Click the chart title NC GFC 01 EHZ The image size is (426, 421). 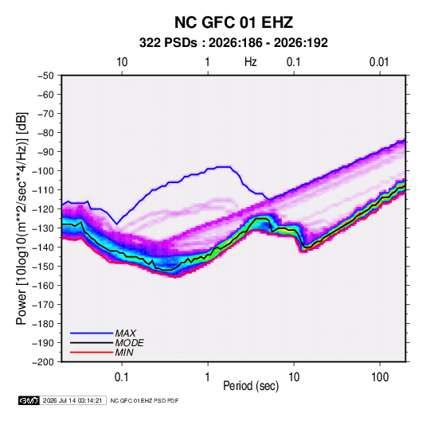[233, 22]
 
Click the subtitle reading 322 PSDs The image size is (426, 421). [168, 43]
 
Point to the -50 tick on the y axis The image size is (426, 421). [45, 76]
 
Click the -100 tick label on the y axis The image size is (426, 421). [43, 171]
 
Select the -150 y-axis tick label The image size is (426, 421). [43, 267]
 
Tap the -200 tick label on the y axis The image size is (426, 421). [43, 362]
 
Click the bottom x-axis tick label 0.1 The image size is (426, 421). [122, 377]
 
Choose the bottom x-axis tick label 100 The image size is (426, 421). [380, 377]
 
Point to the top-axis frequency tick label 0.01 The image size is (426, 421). [379, 62]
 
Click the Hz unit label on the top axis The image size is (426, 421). [250, 62]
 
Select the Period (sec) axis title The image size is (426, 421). [251, 386]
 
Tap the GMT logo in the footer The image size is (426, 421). [29, 400]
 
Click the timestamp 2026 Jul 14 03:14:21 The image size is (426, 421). [72, 400]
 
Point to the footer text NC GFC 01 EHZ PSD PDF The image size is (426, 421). [145, 400]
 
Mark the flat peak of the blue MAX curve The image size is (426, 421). [223, 167]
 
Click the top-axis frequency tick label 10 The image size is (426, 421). [122, 62]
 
